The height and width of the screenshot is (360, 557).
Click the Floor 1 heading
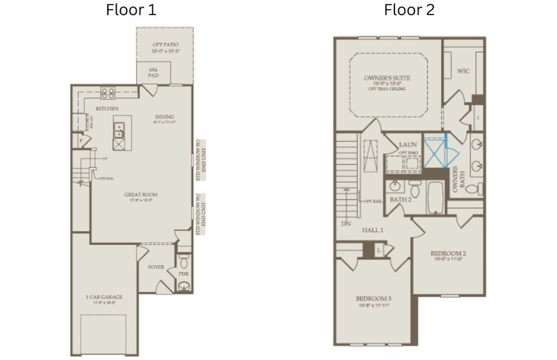(x=131, y=10)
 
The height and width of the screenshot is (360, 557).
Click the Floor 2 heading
(x=410, y=10)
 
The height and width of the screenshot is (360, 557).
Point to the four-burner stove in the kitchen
(x=108, y=92)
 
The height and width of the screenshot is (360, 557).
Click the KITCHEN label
(x=107, y=109)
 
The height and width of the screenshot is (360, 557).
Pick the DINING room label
(x=164, y=117)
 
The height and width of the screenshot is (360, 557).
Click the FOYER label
(x=156, y=267)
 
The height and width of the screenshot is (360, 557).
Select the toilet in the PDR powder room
(x=184, y=262)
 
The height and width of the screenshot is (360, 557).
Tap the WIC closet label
(x=463, y=71)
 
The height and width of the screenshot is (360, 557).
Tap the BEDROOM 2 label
(x=448, y=253)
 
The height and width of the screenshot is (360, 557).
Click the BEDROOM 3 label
(x=374, y=299)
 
